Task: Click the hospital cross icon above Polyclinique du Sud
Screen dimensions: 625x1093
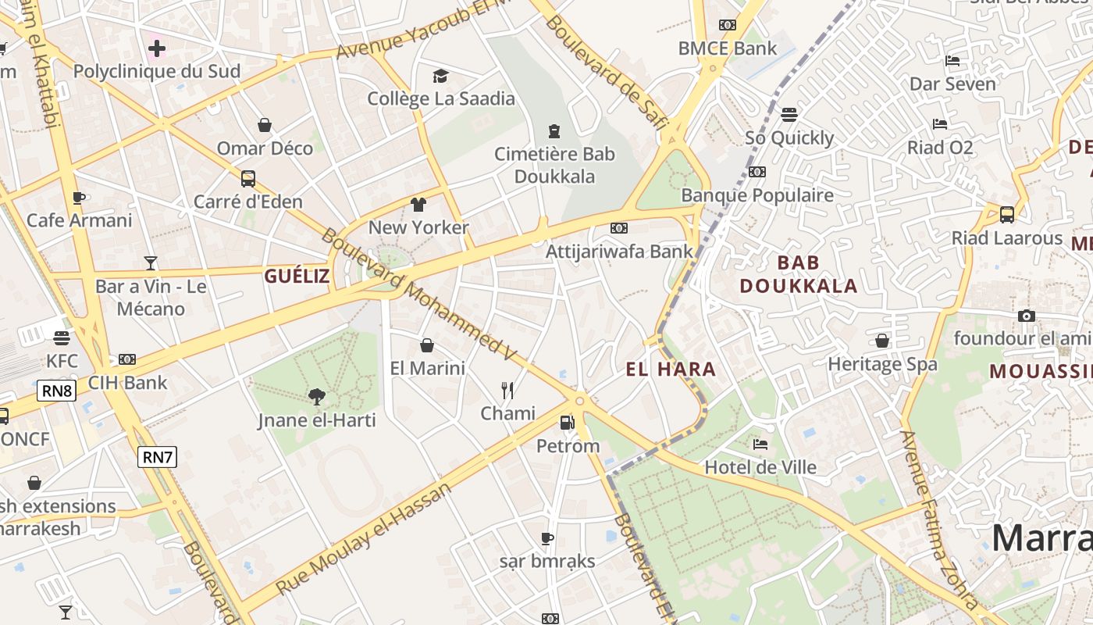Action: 157,48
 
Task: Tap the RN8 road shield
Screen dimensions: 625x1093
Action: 56,391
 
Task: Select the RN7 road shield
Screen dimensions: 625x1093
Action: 157,457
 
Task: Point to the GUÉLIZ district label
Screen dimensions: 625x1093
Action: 297,276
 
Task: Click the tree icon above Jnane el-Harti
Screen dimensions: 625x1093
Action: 316,397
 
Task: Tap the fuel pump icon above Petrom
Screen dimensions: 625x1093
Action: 568,423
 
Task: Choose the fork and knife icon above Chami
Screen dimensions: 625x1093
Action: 507,390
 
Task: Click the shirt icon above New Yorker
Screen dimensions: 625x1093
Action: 418,205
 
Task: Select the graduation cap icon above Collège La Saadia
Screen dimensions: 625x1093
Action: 441,76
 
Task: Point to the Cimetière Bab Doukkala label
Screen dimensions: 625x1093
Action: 554,165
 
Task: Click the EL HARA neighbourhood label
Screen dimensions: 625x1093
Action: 671,370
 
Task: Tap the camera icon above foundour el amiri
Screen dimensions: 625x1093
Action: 1027,316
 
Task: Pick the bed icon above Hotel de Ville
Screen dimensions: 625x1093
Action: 760,445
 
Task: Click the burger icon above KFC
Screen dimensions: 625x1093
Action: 62,338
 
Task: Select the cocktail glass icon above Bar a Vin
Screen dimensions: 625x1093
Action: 151,263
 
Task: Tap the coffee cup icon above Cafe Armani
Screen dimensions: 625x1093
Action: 79,198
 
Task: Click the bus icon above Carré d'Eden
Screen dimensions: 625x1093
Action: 248,179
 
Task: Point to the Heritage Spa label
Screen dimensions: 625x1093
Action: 882,364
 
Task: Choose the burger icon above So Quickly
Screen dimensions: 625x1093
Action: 789,115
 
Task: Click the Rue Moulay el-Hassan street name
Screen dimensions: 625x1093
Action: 364,538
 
